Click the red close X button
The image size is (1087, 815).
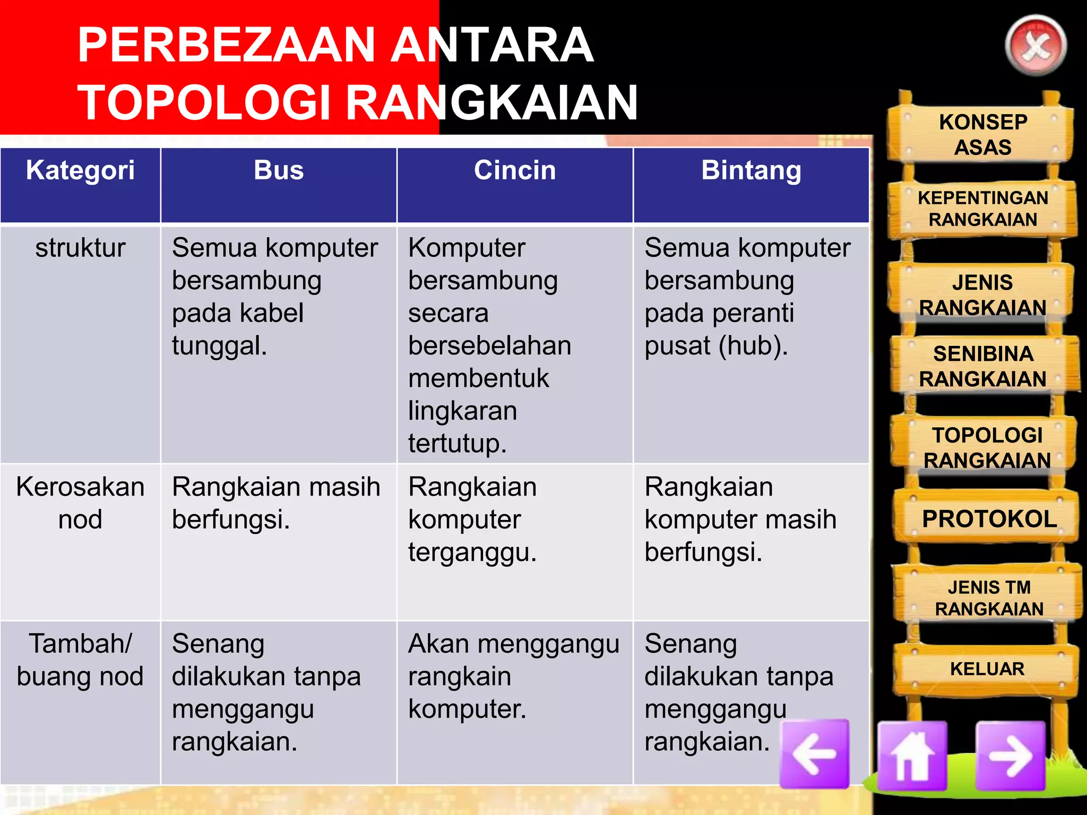coord(1036,46)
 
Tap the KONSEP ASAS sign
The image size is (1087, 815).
coord(983,134)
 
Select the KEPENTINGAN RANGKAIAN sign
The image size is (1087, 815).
coord(983,209)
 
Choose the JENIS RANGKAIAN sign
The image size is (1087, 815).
coord(982,295)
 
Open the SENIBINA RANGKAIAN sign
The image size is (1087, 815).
coord(983,366)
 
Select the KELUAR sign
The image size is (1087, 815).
coord(987,669)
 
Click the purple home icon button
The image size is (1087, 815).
coord(912,755)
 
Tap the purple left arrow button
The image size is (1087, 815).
coord(815,753)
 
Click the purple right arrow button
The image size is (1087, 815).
coord(1011,756)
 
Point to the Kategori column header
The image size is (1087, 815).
coord(80,171)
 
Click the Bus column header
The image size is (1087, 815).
coord(279,171)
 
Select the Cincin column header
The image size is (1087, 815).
coord(515,171)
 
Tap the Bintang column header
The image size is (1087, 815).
coord(751,171)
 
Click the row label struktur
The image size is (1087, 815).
coord(80,248)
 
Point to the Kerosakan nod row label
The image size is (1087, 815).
coord(80,503)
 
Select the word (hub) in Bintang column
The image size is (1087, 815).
coord(753,346)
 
